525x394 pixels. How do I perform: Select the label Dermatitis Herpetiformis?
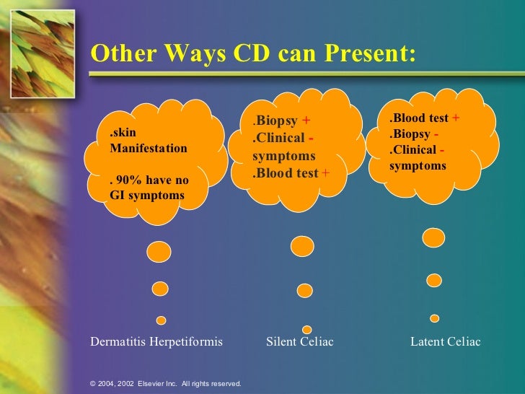156,341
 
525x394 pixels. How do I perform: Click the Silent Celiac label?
300,341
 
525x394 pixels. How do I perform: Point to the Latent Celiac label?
445,341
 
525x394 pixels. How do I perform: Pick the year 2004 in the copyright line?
107,384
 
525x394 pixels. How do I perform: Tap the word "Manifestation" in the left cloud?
148,149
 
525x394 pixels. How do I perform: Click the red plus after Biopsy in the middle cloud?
305,120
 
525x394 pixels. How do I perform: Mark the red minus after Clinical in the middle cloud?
309,137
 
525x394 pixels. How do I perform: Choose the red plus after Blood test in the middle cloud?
325,173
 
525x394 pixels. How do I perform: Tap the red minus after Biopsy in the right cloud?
437,134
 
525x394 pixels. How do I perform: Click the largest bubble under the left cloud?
159,251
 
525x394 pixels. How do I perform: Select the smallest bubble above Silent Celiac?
306,329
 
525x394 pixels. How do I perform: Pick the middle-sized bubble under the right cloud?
433,279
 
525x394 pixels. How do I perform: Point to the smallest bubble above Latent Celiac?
434,318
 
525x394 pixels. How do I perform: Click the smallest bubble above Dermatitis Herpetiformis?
161,320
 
